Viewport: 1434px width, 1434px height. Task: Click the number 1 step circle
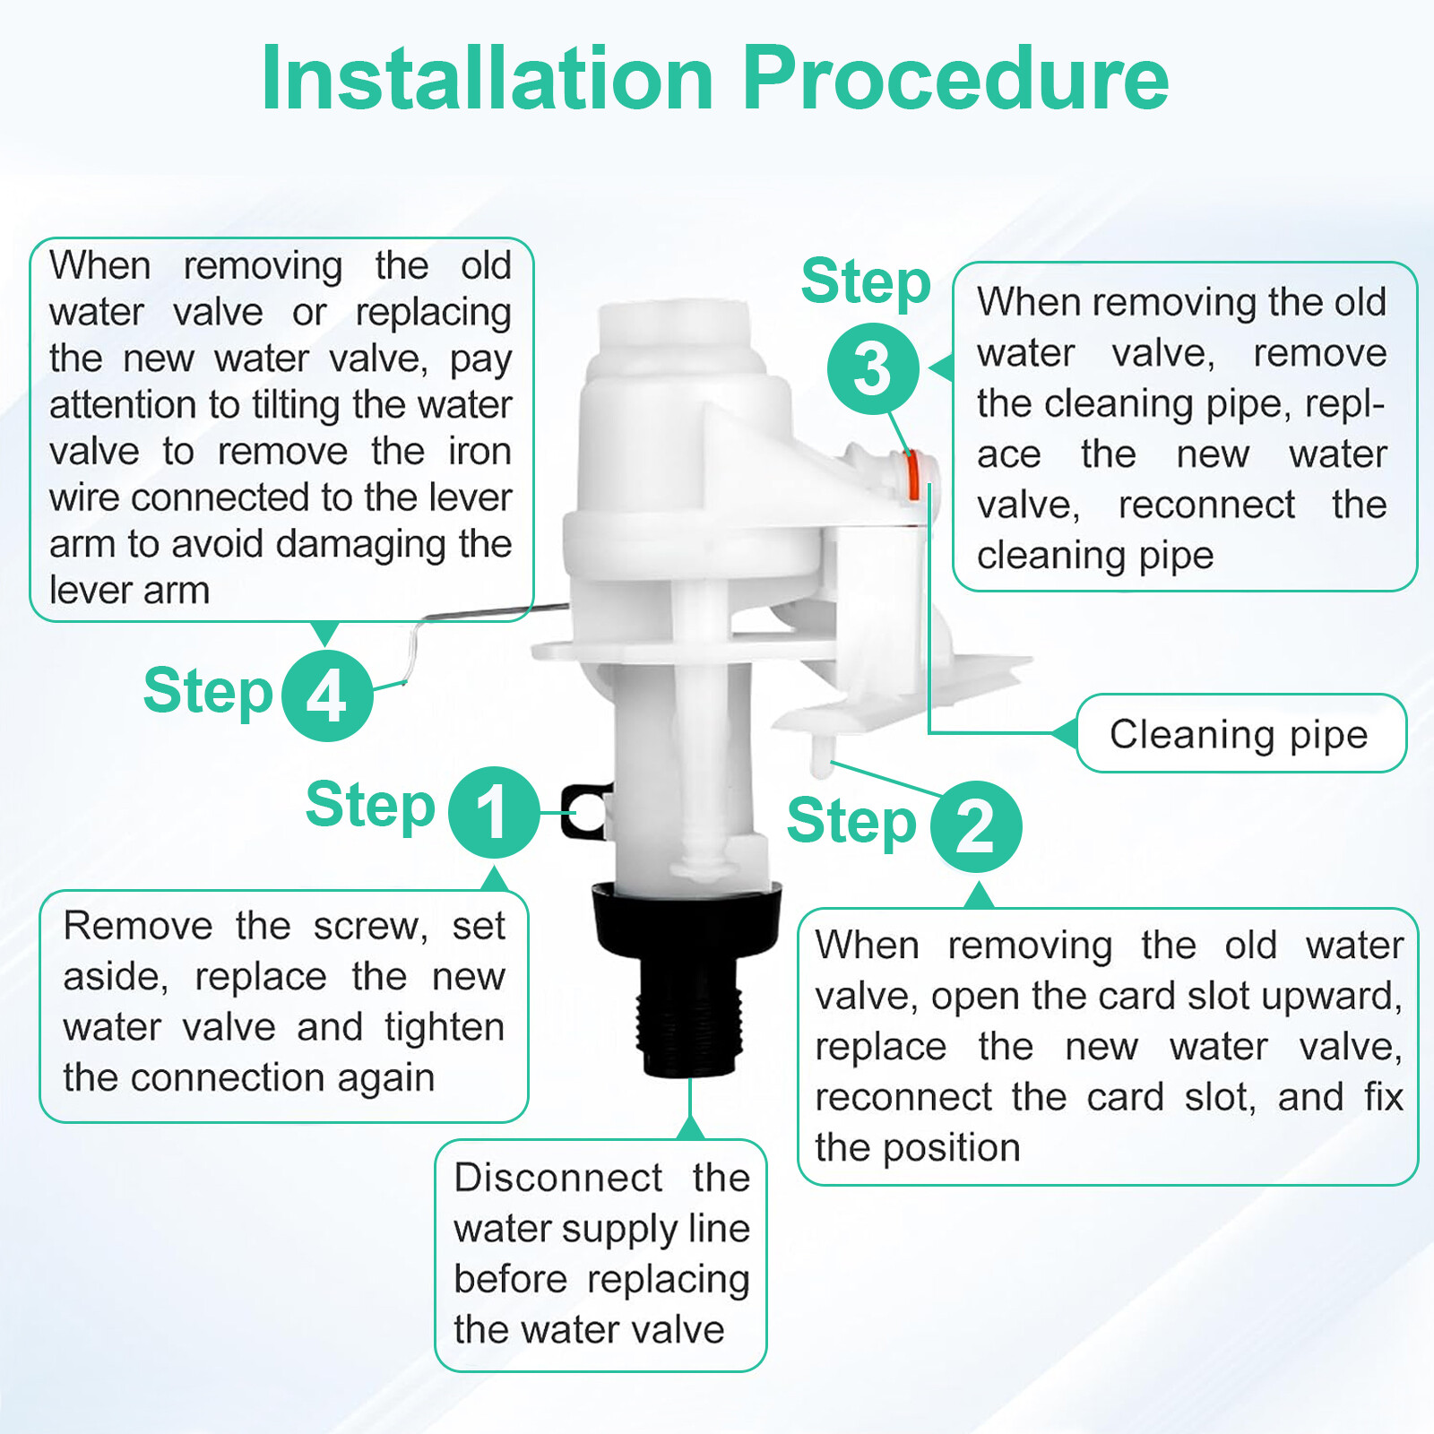point(494,812)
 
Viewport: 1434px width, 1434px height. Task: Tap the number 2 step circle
point(976,826)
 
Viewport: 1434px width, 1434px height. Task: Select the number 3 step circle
point(872,368)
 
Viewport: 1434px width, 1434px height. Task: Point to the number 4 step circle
point(327,695)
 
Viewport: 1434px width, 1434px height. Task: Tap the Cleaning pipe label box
point(1240,734)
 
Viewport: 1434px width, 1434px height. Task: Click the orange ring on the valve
point(911,475)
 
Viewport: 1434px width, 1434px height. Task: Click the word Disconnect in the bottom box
point(557,1178)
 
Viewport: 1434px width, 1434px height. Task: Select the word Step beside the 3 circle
point(866,282)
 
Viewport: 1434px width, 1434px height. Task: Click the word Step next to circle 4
point(208,692)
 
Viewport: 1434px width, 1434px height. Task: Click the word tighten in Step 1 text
point(445,1027)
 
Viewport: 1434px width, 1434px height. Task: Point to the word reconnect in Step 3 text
point(1206,505)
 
